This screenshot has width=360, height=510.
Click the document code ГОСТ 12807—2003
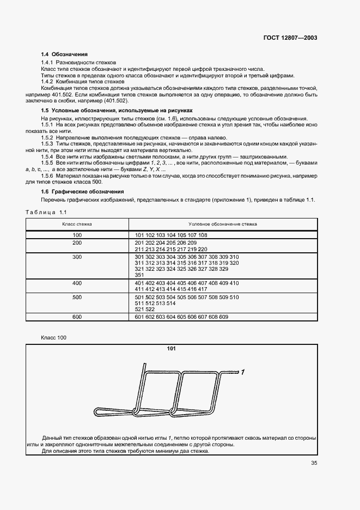(x=291, y=38)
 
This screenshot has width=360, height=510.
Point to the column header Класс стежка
(x=77, y=224)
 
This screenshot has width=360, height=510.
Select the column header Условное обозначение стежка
(x=223, y=224)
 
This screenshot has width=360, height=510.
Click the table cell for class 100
(x=77, y=235)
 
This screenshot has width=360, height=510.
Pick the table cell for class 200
(x=77, y=242)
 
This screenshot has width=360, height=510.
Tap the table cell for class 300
(x=77, y=257)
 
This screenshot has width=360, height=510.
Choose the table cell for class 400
(x=77, y=283)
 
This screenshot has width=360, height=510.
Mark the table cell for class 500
(x=77, y=297)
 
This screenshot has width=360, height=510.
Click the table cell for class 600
(x=77, y=317)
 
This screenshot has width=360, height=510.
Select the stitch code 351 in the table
(x=139, y=275)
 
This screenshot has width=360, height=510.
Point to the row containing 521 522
(x=144, y=309)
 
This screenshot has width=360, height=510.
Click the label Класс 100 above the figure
(x=54, y=338)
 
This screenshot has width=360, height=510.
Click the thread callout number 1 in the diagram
(x=243, y=372)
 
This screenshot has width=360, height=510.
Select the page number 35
(x=314, y=464)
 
